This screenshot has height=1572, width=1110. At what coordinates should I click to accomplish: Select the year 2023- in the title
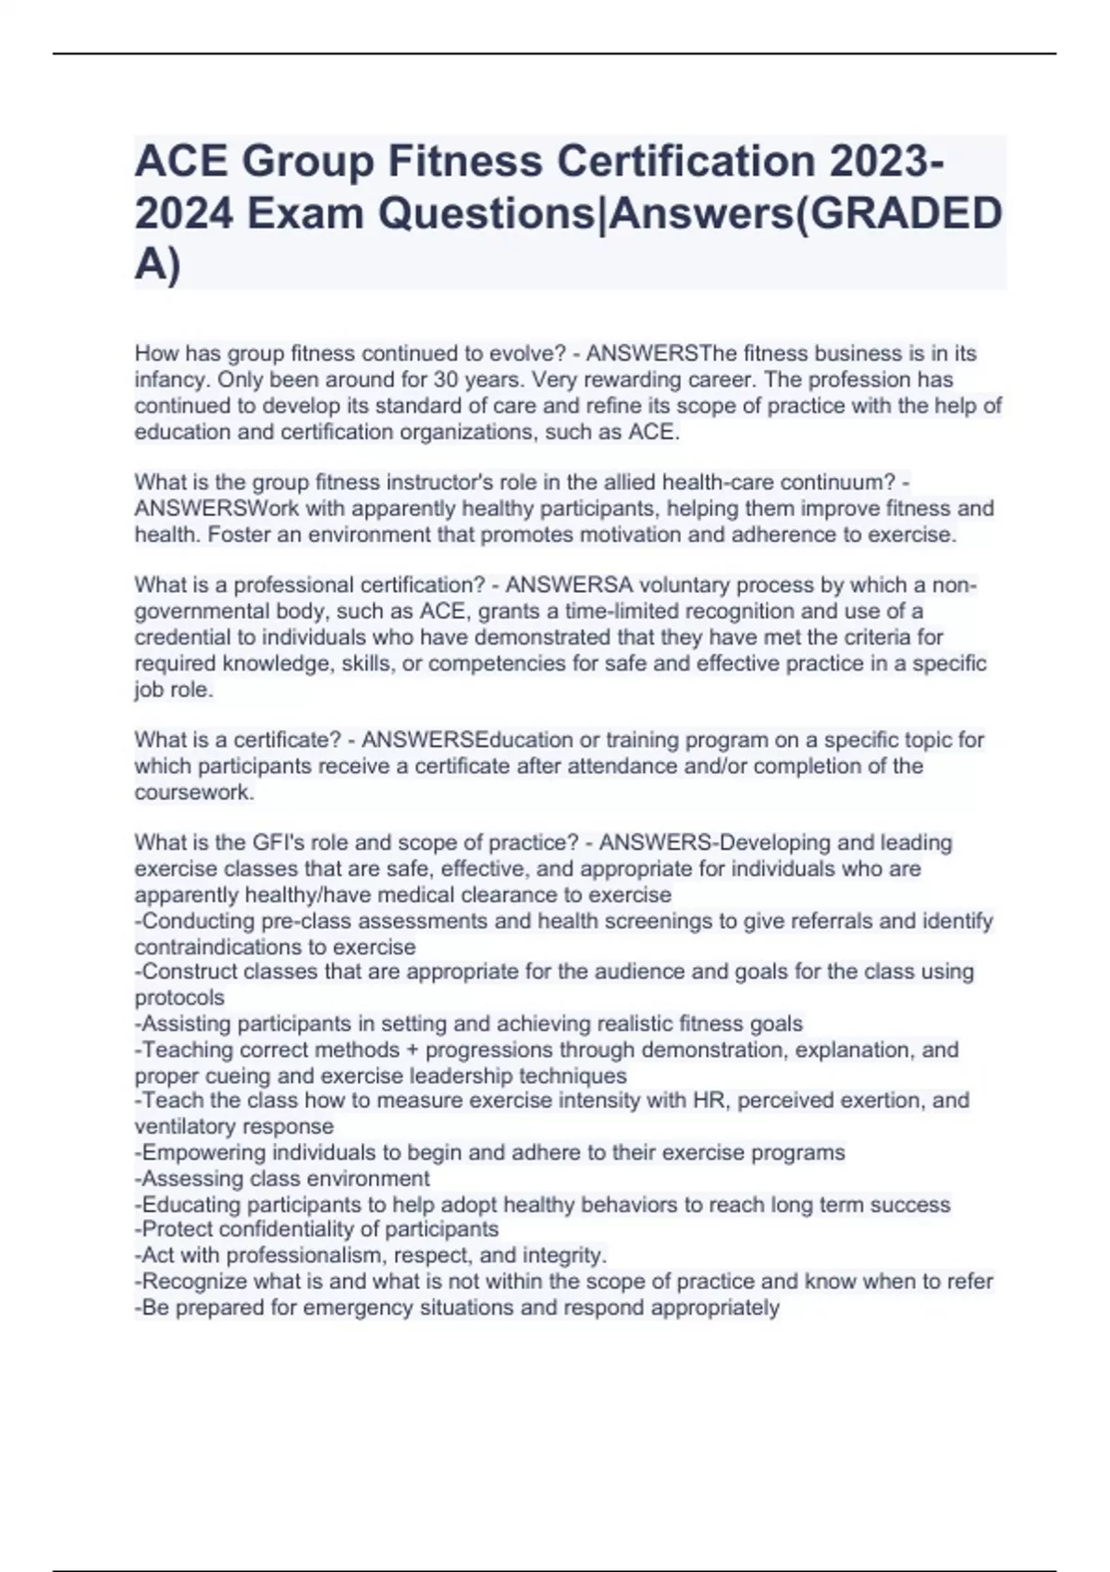pos(887,162)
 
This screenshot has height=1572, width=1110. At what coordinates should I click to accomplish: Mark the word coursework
pos(193,792)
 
